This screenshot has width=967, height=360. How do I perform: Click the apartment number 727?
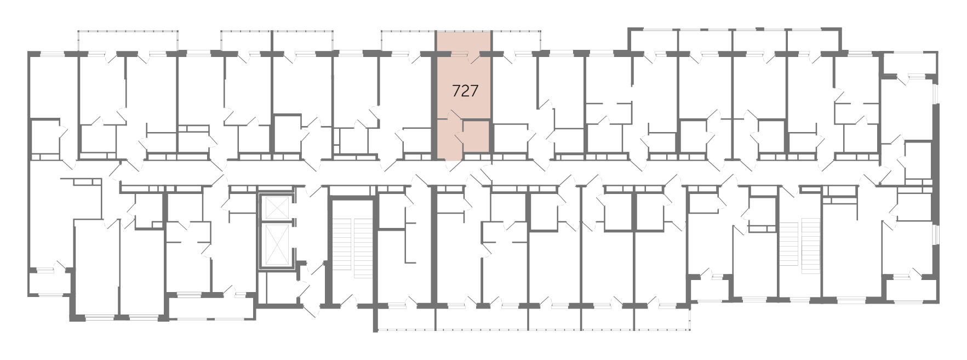(x=465, y=91)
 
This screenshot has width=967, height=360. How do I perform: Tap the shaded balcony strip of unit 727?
(x=464, y=42)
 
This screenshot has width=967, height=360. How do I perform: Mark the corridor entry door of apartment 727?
(x=453, y=163)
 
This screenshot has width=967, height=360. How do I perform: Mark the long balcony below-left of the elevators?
(x=211, y=308)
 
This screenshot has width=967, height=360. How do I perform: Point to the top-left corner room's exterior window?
(x=53, y=54)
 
